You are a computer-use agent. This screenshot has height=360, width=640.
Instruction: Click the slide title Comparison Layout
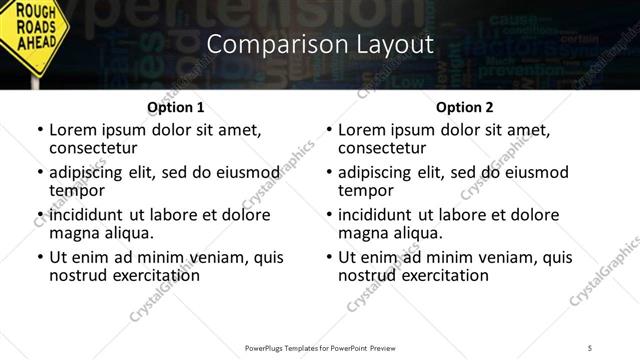pos(320,44)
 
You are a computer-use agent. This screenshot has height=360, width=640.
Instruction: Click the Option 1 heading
pos(176,107)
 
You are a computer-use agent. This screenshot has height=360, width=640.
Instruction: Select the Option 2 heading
pos(465,107)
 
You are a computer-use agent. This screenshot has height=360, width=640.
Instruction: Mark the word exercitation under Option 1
pos(155,275)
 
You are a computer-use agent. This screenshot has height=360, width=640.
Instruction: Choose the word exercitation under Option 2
pos(444,275)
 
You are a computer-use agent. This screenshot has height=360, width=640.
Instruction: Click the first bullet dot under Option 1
pos(39,130)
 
